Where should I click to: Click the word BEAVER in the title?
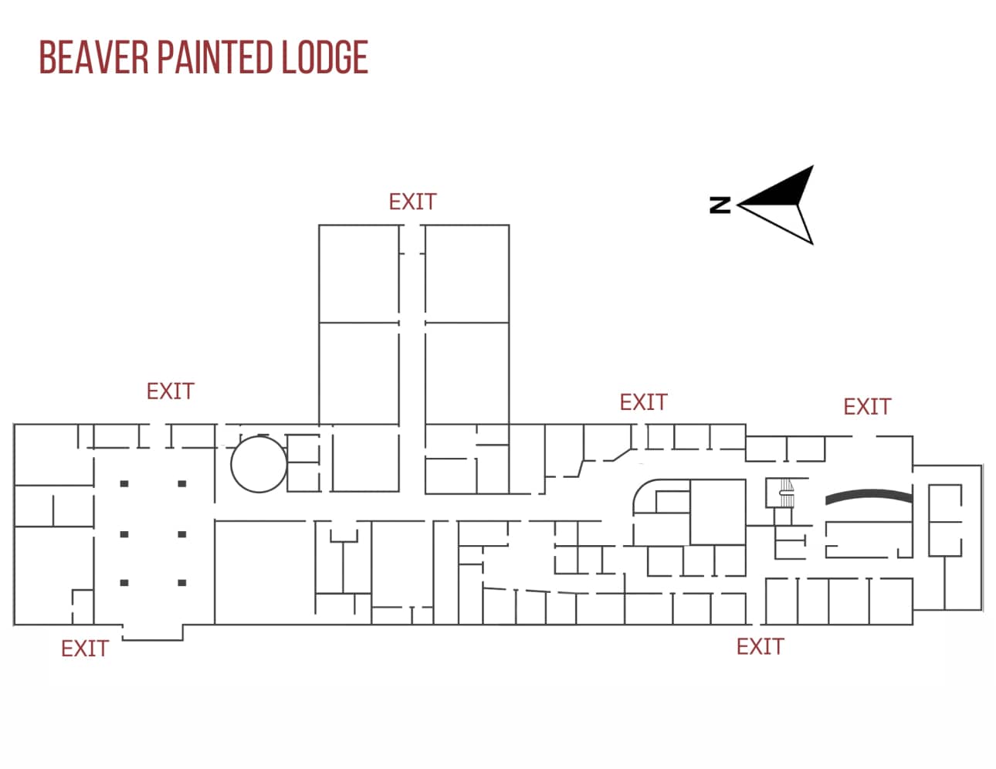point(93,58)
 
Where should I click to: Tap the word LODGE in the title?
point(324,58)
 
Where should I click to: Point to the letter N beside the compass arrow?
point(720,205)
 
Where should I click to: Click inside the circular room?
point(259,464)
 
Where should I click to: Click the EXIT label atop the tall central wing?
point(412,202)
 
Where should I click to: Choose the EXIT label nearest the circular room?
point(170,391)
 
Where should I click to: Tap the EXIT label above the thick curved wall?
point(866,407)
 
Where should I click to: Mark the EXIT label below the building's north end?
point(84,649)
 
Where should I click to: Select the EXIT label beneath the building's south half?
point(760,647)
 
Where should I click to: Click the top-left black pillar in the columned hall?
point(124,484)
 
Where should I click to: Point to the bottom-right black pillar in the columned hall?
point(182,583)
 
